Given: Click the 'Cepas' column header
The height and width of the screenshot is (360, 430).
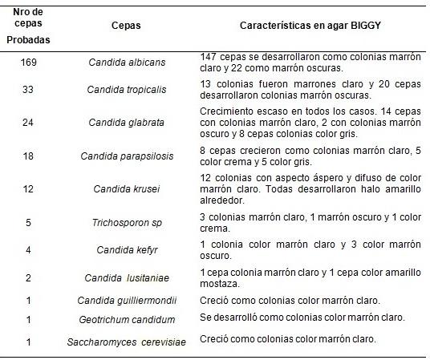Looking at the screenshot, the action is click(126, 26).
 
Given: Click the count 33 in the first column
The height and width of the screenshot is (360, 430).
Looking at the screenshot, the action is click(27, 90).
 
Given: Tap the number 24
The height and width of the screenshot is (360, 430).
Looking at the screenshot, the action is click(27, 123).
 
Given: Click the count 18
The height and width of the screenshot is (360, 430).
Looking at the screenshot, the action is click(27, 156).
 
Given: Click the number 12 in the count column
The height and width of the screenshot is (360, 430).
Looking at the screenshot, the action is click(27, 189).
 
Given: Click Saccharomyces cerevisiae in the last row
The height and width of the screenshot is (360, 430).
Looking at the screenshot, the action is click(126, 342).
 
